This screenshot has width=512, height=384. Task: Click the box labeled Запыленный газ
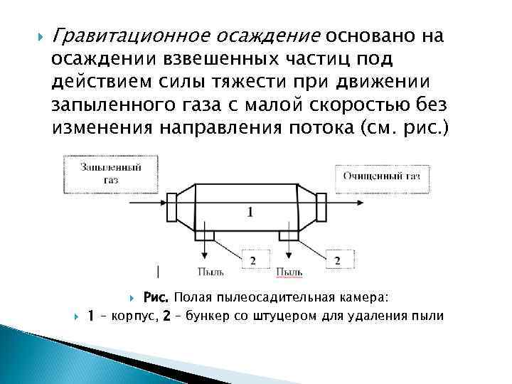tap(110, 174)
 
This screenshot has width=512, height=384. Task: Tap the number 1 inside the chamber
tap(250, 211)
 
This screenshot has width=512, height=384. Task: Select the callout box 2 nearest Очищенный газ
tap(337, 261)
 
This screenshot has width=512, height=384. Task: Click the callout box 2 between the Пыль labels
tap(252, 261)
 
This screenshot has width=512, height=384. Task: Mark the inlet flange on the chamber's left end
tap(172, 207)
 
